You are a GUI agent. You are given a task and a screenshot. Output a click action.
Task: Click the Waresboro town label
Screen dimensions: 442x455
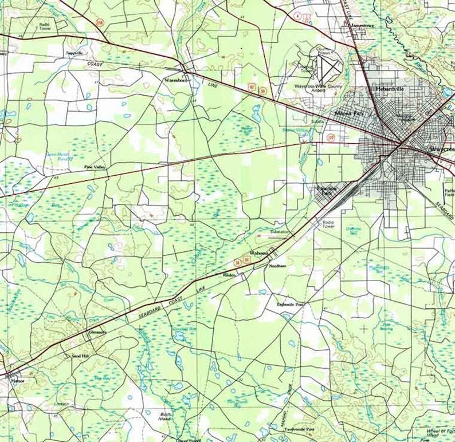click(x=175, y=81)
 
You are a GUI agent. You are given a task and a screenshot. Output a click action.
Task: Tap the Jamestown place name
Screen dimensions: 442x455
click(x=367, y=26)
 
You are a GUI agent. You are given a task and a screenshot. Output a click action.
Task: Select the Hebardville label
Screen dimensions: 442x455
click(x=390, y=89)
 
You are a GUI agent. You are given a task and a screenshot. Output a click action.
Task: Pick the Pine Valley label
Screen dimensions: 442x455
click(x=95, y=167)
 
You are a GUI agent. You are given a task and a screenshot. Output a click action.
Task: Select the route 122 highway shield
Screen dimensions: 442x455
click(x=331, y=137)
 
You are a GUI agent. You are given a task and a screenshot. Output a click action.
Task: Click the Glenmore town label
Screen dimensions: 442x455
click(x=97, y=332)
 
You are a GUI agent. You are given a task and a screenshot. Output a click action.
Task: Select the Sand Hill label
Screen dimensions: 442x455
click(x=80, y=356)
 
